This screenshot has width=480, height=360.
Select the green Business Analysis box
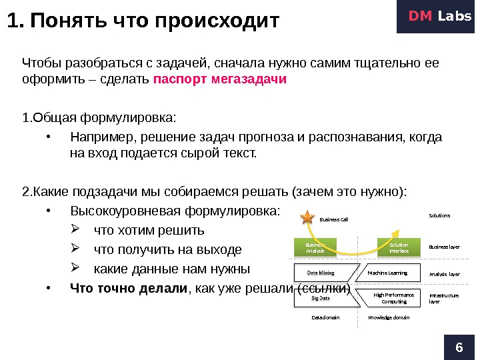[315, 248]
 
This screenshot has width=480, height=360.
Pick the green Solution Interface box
[399, 248]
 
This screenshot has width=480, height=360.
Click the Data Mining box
[320, 273]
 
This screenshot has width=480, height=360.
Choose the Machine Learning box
[387, 273]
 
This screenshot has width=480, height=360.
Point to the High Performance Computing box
[393, 298]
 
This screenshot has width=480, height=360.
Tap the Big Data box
[321, 298]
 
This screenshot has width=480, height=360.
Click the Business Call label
[334, 219]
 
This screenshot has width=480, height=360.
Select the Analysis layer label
[444, 274]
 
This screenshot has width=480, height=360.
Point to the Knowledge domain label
[389, 317]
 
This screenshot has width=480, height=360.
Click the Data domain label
[325, 317]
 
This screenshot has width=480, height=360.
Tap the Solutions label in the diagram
[439, 215]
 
